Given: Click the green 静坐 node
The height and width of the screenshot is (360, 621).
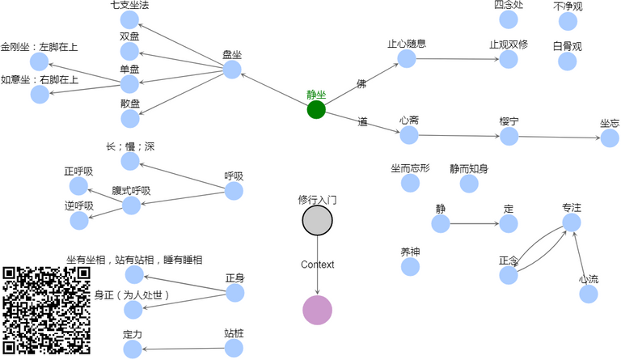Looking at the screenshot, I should [316, 109].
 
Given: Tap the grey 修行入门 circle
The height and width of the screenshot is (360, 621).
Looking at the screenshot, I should [317, 220].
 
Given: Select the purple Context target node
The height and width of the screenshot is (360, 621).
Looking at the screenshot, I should [317, 310].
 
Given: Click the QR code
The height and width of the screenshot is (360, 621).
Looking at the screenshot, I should [46, 311].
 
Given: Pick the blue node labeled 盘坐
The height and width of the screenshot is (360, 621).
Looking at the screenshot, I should [232, 70].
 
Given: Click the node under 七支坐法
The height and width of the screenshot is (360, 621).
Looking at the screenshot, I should [130, 20].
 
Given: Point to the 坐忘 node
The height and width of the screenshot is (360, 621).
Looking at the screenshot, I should [610, 138].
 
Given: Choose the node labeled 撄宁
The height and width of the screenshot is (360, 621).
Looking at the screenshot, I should [509, 136].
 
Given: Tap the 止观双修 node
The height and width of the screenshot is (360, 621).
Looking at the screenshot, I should [509, 59].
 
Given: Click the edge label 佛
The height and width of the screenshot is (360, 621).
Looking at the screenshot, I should [361, 84].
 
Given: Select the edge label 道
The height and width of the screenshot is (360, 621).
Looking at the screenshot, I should [362, 122].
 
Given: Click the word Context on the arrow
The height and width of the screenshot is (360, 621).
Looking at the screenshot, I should [317, 265].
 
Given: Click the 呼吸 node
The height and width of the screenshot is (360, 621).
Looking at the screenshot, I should [234, 191].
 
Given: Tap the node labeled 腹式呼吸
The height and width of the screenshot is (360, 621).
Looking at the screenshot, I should [131, 205].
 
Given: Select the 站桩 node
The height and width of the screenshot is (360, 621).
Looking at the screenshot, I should [234, 348].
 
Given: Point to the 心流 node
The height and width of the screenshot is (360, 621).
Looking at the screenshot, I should [589, 294].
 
